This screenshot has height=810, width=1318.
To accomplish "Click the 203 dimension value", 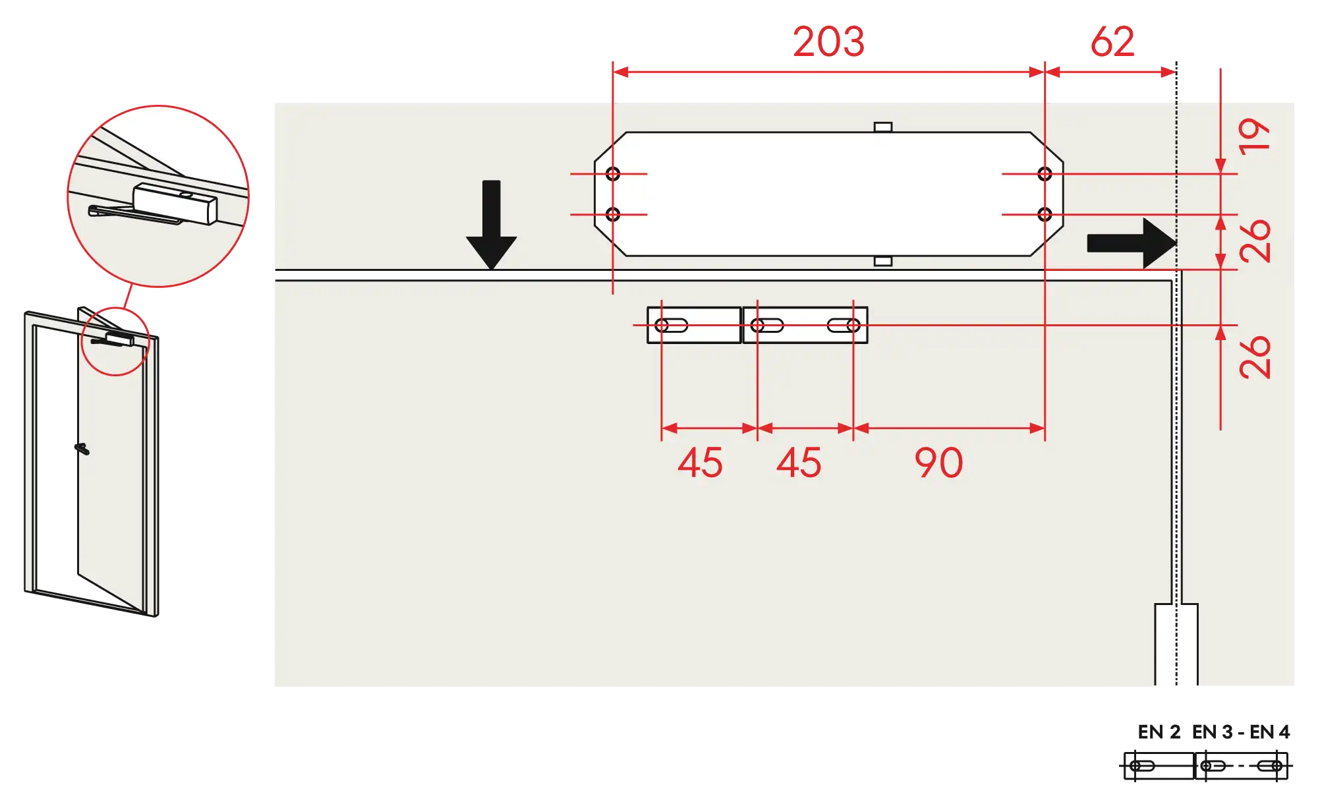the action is click(x=828, y=42).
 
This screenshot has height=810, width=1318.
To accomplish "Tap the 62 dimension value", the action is click(x=1112, y=42).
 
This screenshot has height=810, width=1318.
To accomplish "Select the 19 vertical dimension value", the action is click(x=1254, y=136).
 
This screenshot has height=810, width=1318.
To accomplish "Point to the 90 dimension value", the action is click(x=938, y=463).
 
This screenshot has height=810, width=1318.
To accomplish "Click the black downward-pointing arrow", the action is click(x=492, y=224).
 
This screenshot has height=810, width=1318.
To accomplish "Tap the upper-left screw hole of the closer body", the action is click(x=613, y=174).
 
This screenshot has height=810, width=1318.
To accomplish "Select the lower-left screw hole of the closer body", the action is click(x=613, y=214).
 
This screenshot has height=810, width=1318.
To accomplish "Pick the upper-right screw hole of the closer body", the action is click(x=1045, y=174).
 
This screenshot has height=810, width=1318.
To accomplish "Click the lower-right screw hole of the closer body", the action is click(x=1045, y=214).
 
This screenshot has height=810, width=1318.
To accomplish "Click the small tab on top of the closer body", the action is click(x=883, y=127).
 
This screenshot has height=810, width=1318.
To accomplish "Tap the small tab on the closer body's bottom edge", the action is click(x=883, y=261).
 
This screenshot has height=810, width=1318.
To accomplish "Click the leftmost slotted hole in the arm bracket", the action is click(x=672, y=326).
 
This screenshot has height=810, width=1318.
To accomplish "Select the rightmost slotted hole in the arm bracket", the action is click(x=844, y=326).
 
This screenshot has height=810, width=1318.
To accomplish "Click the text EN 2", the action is click(x=1159, y=732).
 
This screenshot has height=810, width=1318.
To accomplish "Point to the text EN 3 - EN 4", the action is click(x=1241, y=732).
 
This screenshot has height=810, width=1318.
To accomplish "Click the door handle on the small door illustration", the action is click(x=82, y=449).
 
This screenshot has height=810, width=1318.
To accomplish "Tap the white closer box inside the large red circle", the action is click(x=175, y=203).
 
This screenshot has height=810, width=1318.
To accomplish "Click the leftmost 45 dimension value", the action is click(x=700, y=463).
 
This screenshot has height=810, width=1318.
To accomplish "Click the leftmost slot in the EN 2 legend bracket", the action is click(x=1142, y=766).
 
